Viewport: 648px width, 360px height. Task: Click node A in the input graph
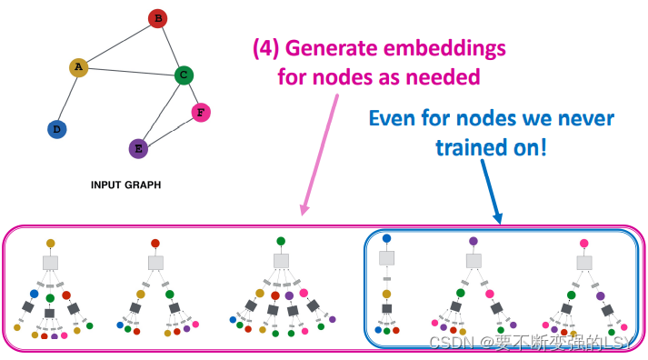coord(79,67)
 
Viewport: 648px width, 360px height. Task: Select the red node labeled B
coord(157,18)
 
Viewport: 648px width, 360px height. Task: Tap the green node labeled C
coord(183,75)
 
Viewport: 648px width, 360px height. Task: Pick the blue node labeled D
coord(57,129)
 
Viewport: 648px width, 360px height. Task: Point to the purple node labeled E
coord(138,148)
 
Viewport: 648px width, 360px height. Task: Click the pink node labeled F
coord(201,113)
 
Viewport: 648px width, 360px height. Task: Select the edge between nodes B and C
coord(170,46)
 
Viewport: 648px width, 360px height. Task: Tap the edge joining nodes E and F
coord(170,131)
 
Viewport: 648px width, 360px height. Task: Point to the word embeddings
coord(451,47)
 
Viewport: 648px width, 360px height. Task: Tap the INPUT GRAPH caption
coord(125,185)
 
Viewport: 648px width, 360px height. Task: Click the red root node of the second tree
coord(155,244)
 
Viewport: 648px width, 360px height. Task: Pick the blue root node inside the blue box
coord(386,239)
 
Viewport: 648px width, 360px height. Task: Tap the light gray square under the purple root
coord(474,260)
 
